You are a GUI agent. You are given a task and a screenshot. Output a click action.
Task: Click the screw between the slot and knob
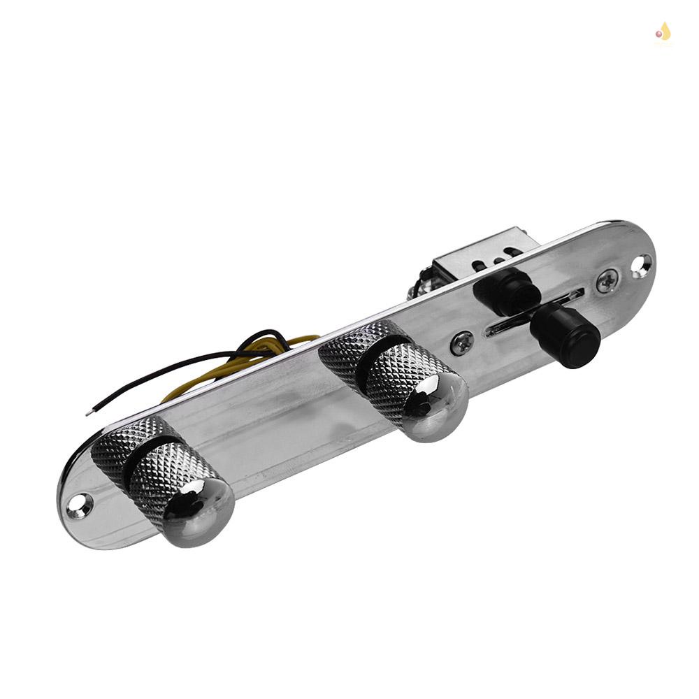(461, 342)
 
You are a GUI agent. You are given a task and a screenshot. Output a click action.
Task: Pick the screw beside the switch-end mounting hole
(606, 280)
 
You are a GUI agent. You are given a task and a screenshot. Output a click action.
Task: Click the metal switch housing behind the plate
(475, 255)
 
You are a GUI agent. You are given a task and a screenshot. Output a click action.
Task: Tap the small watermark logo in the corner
(663, 31)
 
